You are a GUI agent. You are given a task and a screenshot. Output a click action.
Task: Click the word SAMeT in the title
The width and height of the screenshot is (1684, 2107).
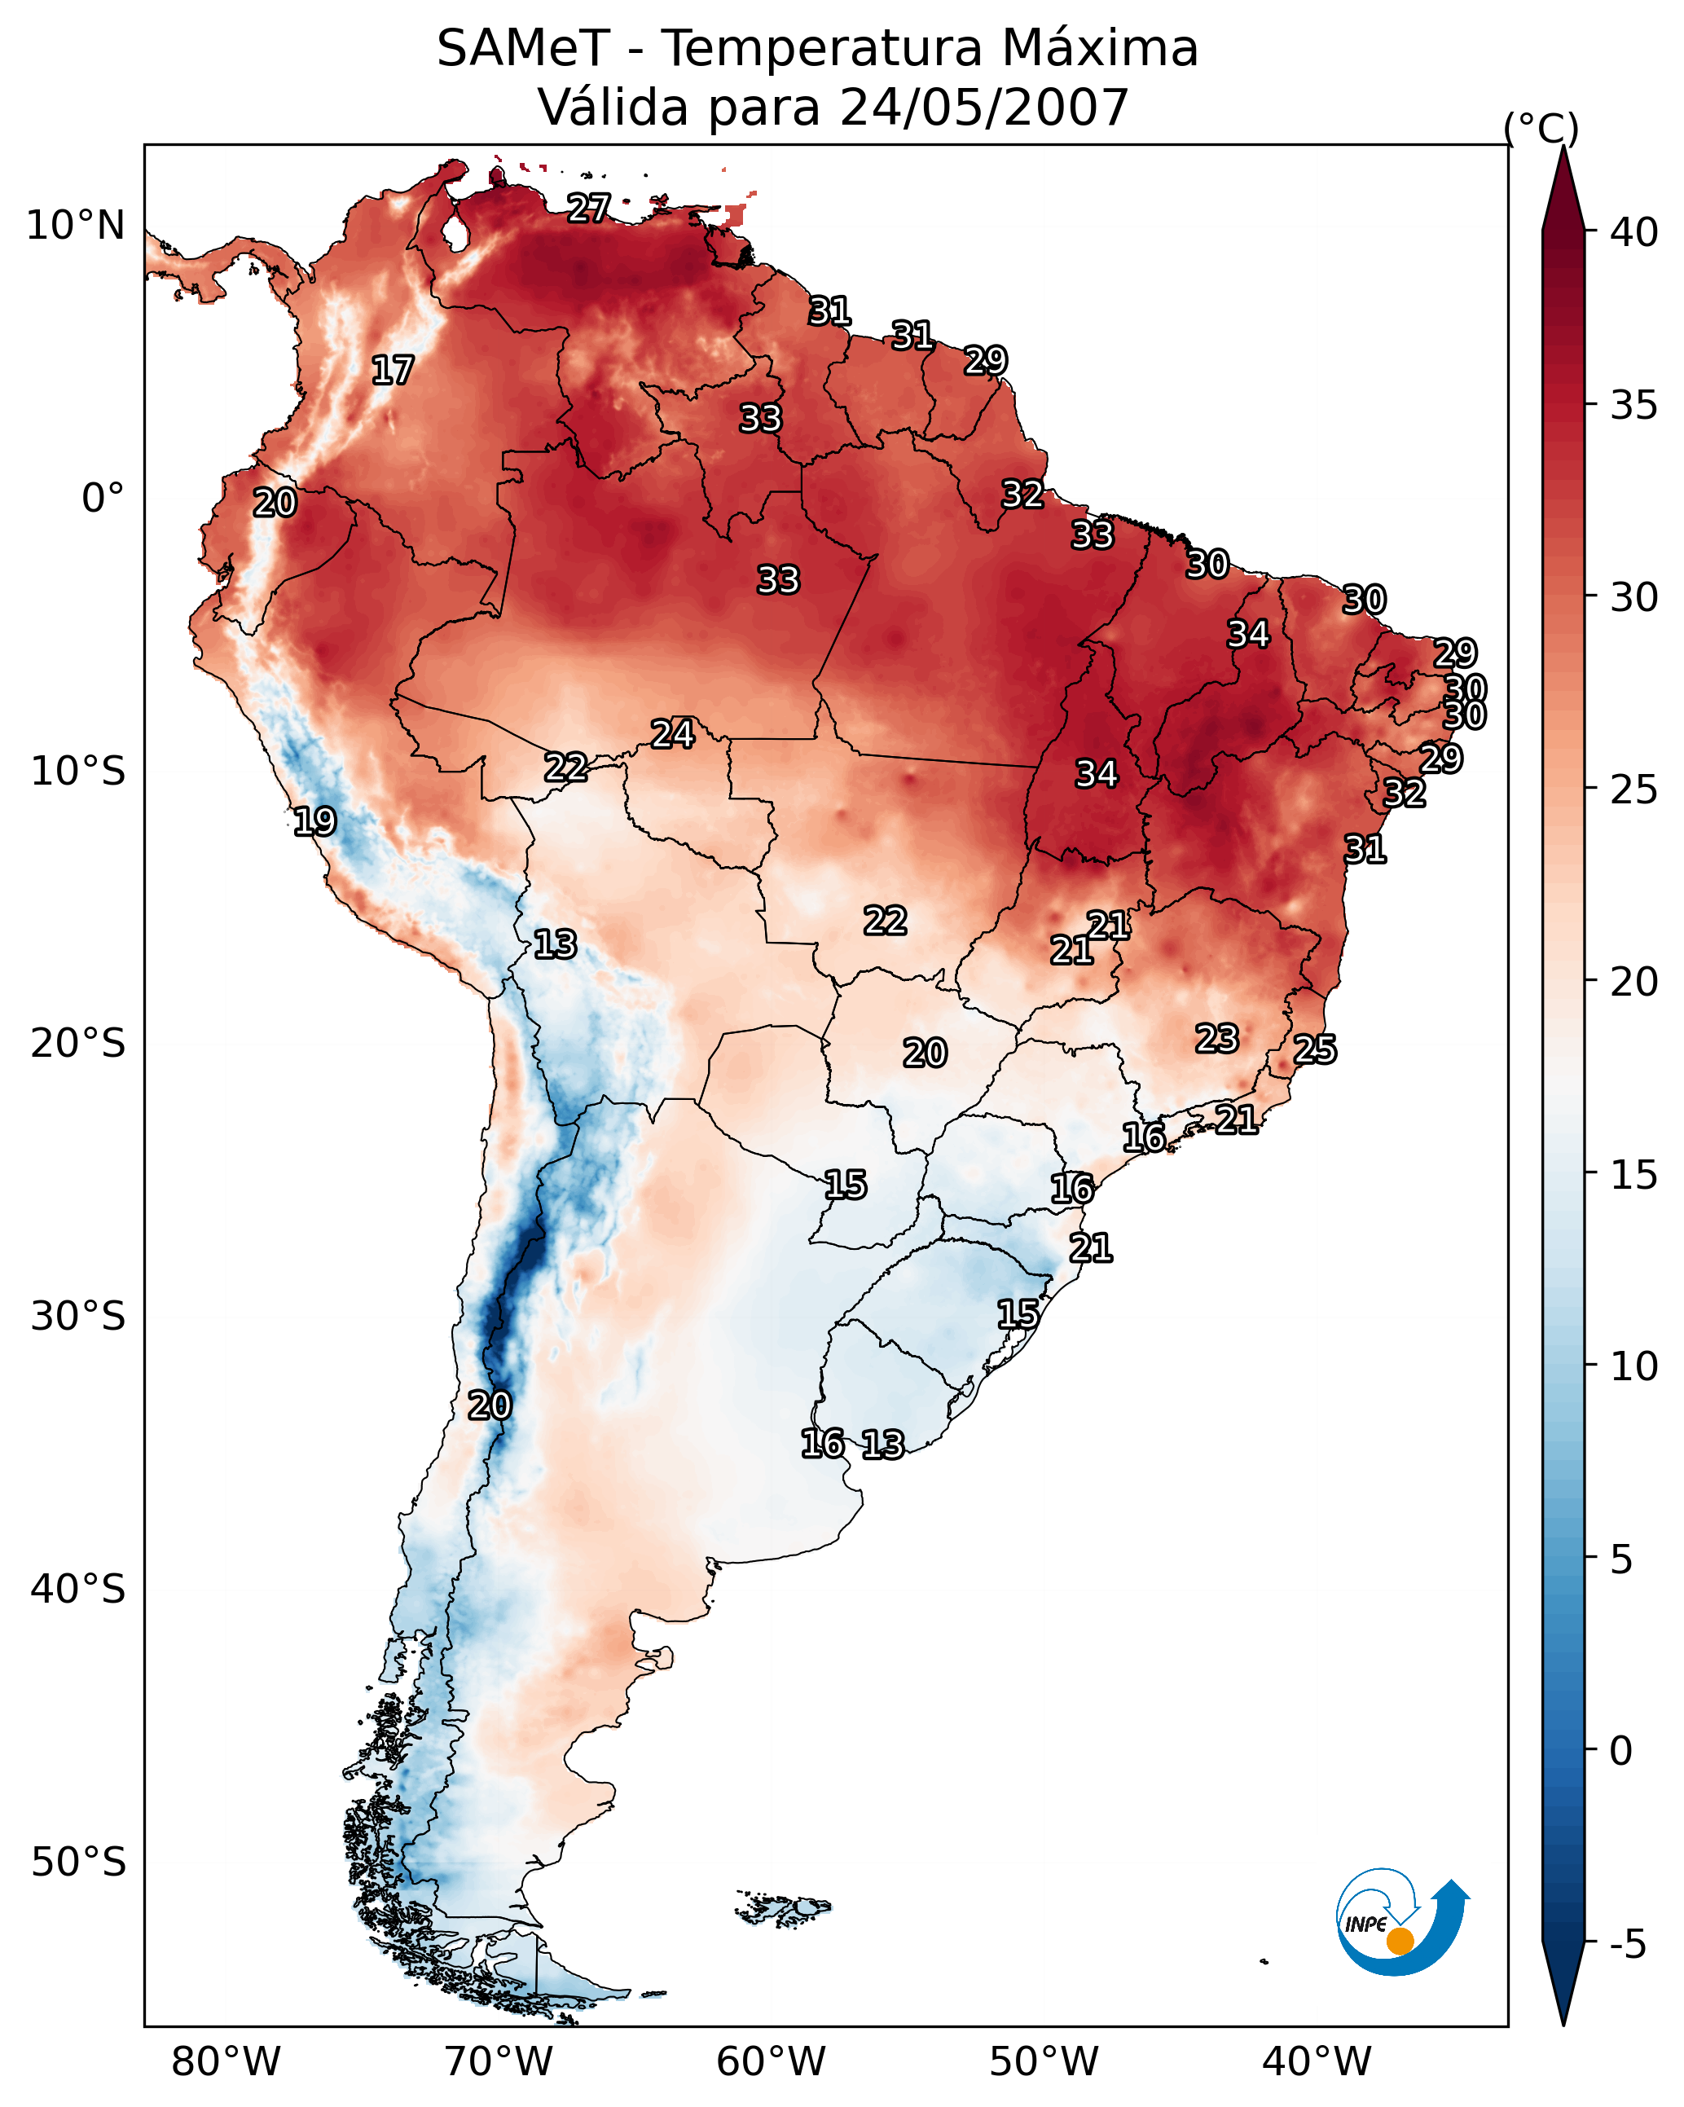pyautogui.click(x=523, y=49)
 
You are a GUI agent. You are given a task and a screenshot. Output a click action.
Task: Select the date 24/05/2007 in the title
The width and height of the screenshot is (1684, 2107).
pyautogui.click(x=983, y=108)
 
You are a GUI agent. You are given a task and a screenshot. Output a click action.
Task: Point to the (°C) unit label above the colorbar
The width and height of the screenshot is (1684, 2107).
pyautogui.click(x=1541, y=127)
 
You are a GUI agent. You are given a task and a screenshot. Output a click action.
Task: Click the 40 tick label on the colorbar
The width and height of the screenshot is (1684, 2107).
pyautogui.click(x=1634, y=232)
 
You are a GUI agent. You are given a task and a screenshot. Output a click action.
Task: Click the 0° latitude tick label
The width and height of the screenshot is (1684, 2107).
pyautogui.click(x=103, y=499)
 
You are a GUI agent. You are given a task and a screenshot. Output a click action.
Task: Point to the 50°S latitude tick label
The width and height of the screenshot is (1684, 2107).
pyautogui.click(x=78, y=1863)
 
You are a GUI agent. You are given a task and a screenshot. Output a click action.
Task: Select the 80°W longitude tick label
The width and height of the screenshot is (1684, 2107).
pyautogui.click(x=226, y=2062)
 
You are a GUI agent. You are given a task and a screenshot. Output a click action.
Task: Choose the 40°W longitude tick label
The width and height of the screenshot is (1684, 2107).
pyautogui.click(x=1317, y=2062)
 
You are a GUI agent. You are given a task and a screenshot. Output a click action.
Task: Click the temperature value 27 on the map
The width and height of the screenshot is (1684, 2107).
pyautogui.click(x=589, y=208)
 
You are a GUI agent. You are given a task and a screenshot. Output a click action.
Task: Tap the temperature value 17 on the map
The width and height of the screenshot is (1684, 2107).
pyautogui.click(x=393, y=371)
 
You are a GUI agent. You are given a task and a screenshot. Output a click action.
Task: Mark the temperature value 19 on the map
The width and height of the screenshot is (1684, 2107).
pyautogui.click(x=314, y=822)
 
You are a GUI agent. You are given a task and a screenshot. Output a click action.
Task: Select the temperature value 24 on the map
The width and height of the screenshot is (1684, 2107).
pyautogui.click(x=672, y=734)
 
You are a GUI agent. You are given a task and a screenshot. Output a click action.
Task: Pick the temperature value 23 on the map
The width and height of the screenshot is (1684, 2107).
pyautogui.click(x=1217, y=1038)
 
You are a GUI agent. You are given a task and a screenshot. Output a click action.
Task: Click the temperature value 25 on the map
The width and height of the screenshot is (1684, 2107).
pyautogui.click(x=1315, y=1049)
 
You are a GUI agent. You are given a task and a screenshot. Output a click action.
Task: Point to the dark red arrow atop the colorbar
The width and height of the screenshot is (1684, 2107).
pyautogui.click(x=1563, y=191)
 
